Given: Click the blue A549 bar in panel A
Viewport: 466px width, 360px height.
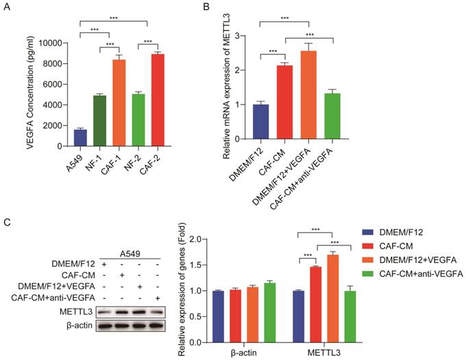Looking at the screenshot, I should pos(80,137).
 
